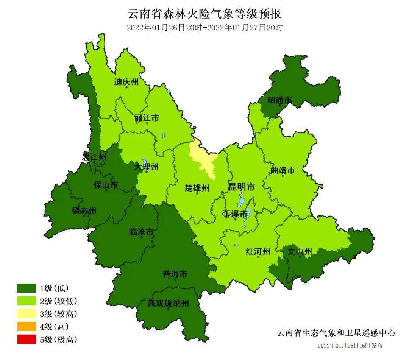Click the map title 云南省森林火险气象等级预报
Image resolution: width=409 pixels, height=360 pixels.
204,14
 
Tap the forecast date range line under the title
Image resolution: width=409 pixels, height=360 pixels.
204,28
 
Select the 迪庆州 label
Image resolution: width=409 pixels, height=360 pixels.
126,82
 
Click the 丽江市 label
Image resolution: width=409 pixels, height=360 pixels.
147,118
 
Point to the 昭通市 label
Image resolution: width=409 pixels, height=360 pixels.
280,100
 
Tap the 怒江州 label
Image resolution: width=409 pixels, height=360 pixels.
94,156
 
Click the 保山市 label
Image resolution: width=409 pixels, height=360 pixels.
106,185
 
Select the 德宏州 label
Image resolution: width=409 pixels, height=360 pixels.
84,210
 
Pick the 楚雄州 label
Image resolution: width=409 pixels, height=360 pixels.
197,188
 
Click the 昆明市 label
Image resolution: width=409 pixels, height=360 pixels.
241,187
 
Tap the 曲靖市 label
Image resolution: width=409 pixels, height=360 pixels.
283,171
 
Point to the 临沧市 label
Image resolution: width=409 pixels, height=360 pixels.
141,232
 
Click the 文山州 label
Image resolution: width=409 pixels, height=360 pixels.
300,252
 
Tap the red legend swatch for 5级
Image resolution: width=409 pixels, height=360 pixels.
27,339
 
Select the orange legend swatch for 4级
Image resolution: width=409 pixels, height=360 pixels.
27,326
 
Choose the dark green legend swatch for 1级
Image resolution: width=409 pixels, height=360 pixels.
27,288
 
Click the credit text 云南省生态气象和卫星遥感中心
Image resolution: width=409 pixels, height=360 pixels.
336,333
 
